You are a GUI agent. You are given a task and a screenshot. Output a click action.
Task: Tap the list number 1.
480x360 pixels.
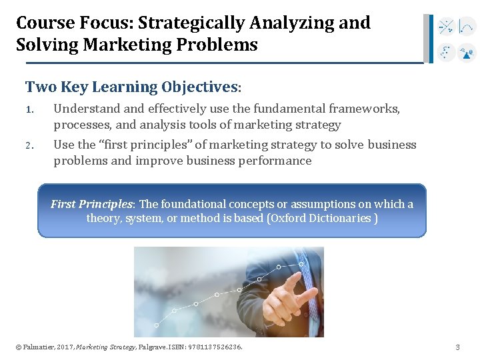pos(29,109)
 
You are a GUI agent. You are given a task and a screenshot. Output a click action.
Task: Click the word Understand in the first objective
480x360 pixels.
pos(85,109)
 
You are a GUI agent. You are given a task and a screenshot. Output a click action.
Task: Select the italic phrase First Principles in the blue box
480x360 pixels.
pos(92,204)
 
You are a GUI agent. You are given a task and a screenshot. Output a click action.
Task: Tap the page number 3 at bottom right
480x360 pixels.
pos(457,347)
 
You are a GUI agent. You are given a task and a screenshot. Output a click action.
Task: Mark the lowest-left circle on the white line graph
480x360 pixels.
pos(157,325)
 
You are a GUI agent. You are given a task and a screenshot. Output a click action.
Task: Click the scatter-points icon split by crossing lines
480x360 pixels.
pos(446,27)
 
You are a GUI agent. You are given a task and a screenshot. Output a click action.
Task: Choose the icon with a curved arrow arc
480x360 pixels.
pos(467,27)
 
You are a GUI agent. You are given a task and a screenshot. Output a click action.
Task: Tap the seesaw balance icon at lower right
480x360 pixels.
pos(467,53)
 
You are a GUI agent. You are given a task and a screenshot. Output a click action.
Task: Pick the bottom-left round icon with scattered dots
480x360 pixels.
pos(446,53)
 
